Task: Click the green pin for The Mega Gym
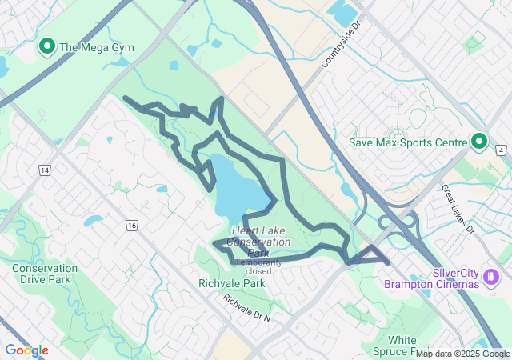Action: (46, 47)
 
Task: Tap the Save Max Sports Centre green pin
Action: (479, 142)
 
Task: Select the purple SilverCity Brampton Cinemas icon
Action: (490, 278)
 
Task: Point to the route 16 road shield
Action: (131, 226)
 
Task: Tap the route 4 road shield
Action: (500, 150)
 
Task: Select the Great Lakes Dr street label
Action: (458, 209)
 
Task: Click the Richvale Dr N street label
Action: (247, 309)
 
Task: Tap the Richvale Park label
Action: (231, 283)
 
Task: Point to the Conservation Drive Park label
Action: (45, 274)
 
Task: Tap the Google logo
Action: (26, 350)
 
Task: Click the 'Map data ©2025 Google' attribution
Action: (462, 354)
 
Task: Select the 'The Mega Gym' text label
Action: (96, 48)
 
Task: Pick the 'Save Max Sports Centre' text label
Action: (407, 142)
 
